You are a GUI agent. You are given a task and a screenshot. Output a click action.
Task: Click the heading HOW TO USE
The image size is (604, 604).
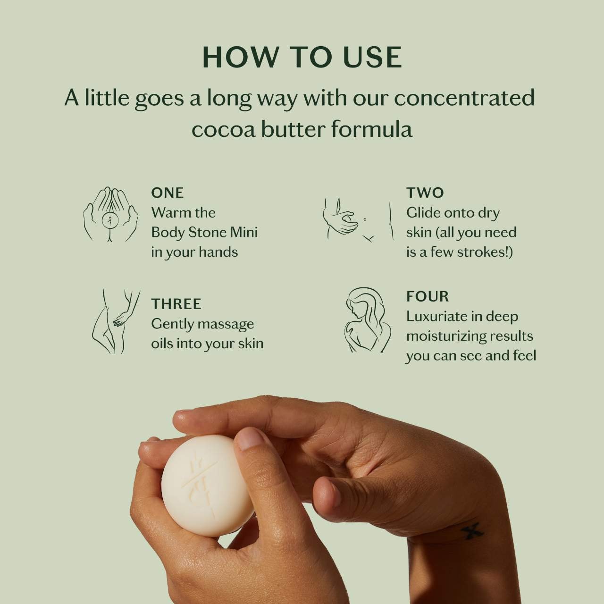tap(302, 58)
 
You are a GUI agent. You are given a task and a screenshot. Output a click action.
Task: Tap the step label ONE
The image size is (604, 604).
tap(168, 193)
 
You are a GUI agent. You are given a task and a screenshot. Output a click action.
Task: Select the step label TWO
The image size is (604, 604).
tap(425, 193)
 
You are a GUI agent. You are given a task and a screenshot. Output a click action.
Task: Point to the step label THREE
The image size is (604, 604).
tap(176, 304)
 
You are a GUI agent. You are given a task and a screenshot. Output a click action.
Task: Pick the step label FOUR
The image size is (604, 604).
tap(428, 296)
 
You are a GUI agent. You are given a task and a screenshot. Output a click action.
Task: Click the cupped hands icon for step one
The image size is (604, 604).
tap(110, 215)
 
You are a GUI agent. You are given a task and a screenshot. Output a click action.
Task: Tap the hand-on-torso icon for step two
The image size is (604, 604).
tap(358, 220)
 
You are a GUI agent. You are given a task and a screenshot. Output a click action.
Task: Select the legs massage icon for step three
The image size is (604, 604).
tap(116, 321)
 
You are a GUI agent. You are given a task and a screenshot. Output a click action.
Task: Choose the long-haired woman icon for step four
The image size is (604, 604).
tap(368, 320)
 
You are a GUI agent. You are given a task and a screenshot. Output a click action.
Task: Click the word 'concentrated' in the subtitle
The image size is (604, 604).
tap(464, 98)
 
